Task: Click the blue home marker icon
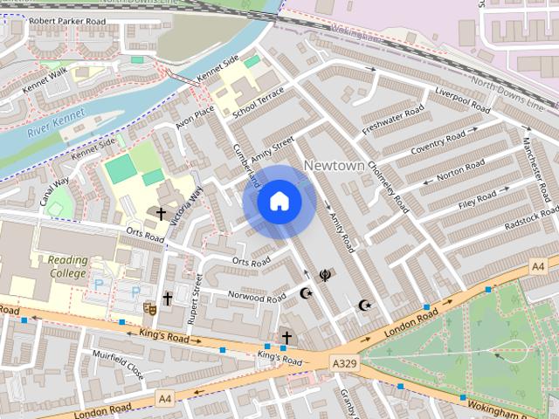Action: tap(279, 202)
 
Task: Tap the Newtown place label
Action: tap(334, 165)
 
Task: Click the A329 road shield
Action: tap(344, 361)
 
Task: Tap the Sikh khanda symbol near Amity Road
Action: tap(326, 275)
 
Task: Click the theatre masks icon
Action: tap(149, 307)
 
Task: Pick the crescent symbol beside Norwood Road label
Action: tap(306, 293)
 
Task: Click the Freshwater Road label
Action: tap(393, 120)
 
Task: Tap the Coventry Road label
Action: tap(438, 142)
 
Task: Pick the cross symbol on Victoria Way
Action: tap(161, 213)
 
